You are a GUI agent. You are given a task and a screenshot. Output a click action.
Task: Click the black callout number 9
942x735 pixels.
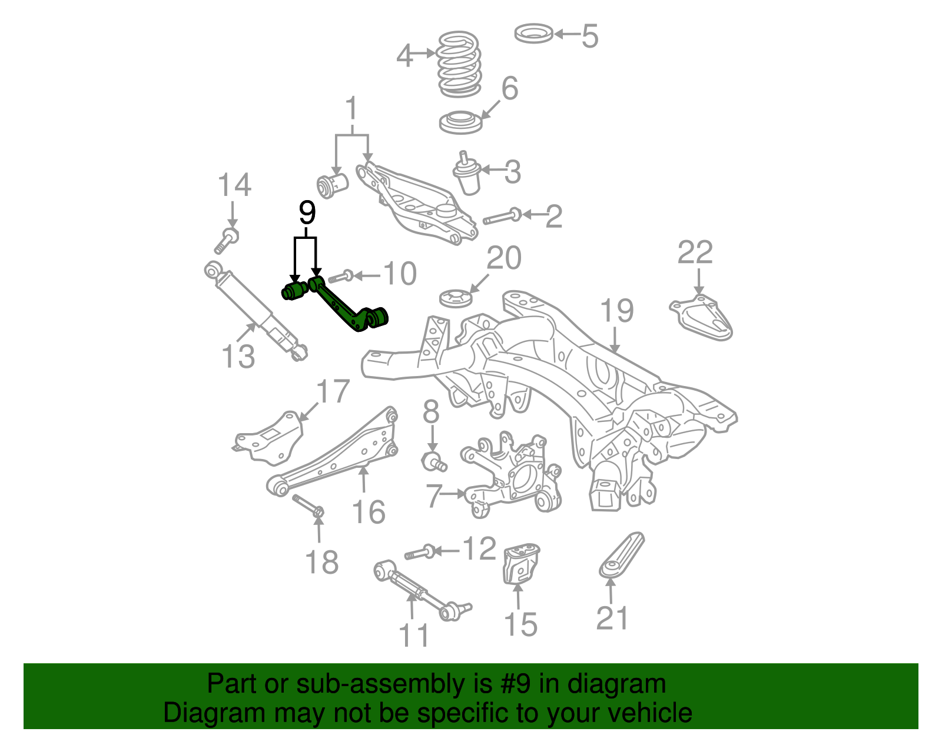pyautogui.click(x=307, y=213)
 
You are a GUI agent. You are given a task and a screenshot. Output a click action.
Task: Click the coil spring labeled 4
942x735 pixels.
pyautogui.click(x=460, y=65)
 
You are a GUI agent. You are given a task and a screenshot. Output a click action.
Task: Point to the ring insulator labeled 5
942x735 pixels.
pyautogui.click(x=533, y=34)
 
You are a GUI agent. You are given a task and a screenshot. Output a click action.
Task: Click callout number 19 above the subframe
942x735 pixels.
pyautogui.click(x=616, y=311)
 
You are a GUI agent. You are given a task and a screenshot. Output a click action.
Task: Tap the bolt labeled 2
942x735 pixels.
pyautogui.click(x=500, y=218)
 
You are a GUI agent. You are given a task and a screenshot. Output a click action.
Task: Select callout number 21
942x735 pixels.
pyautogui.click(x=612, y=618)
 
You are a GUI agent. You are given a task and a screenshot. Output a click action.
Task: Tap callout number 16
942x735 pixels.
pyautogui.click(x=369, y=511)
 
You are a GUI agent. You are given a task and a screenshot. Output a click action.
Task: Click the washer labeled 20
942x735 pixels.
pyautogui.click(x=456, y=298)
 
